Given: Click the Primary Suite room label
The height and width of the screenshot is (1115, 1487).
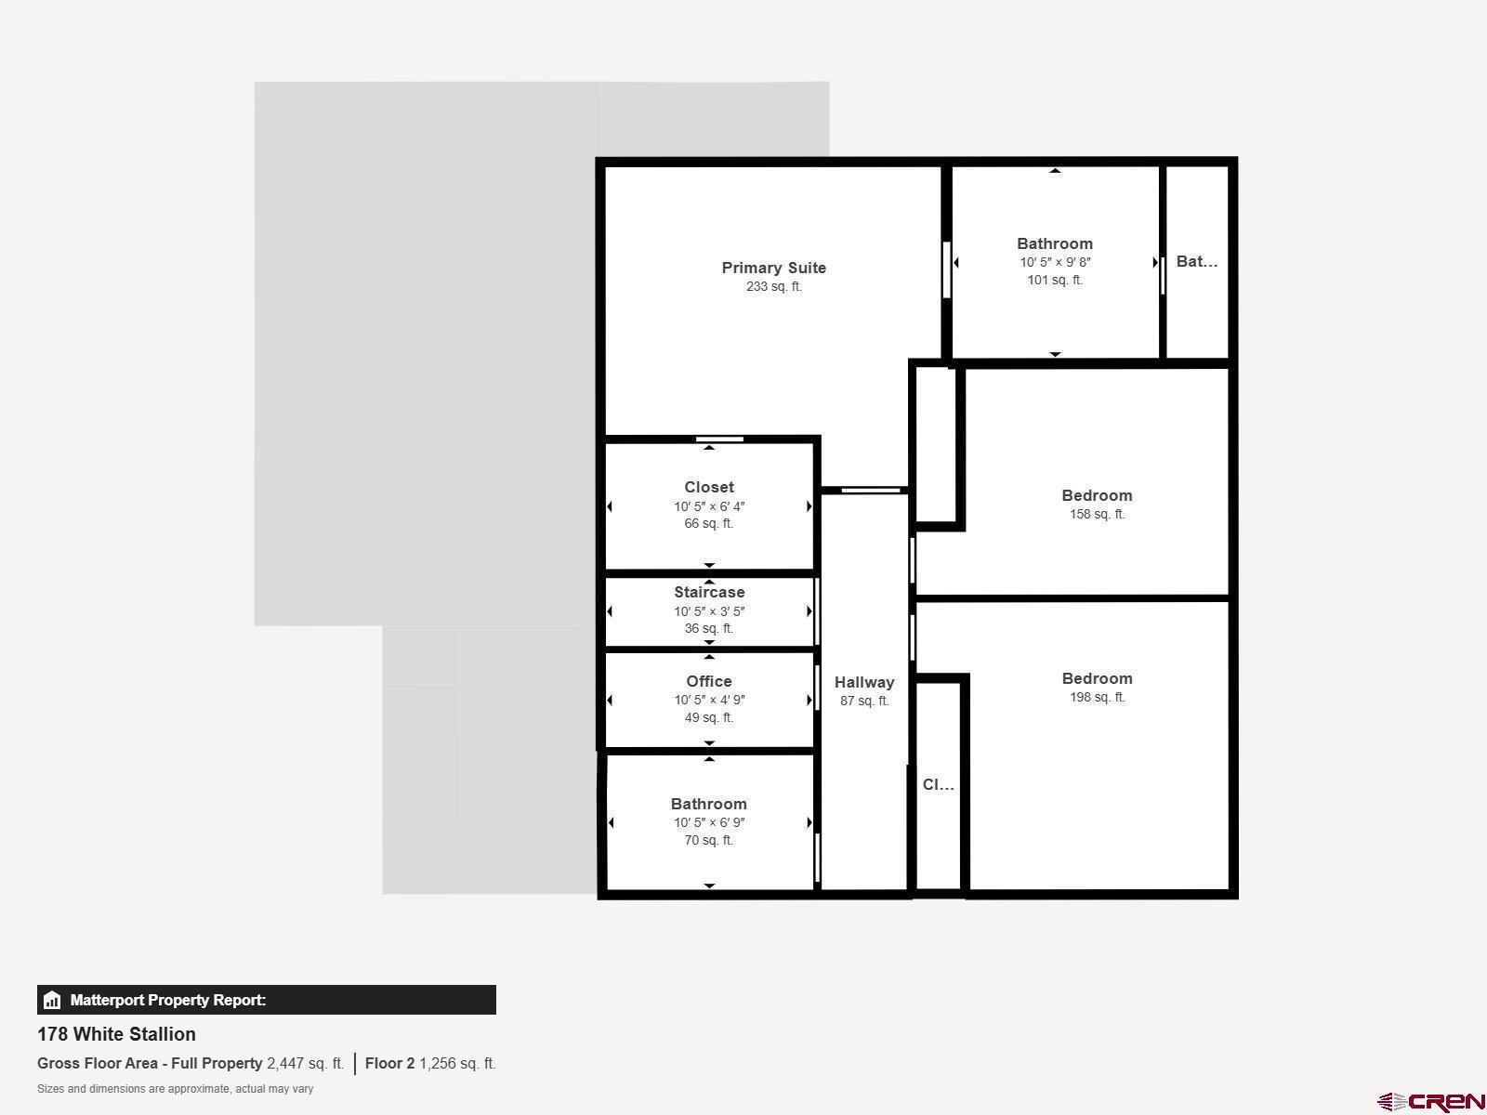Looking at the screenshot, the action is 773,269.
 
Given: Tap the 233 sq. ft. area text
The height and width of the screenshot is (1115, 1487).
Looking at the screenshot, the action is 773,286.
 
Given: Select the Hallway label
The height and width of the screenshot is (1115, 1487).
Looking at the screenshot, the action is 864,682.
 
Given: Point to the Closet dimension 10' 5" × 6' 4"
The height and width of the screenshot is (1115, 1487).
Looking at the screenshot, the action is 709,506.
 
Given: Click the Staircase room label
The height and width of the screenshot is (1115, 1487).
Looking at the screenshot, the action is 709,593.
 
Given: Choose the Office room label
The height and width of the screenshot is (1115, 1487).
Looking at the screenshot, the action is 709,682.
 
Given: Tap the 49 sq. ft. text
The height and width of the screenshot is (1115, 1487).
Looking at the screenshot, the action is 709,717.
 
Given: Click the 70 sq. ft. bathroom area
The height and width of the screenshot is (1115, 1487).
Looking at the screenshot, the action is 709,840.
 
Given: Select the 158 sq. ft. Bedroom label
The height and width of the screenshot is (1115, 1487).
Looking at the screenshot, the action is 1098,495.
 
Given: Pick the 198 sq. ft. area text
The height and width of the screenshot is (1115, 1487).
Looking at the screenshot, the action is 1098,697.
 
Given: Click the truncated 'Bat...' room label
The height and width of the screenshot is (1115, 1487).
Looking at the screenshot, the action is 1197,261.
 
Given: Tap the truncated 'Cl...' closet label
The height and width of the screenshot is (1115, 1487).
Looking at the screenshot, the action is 939,784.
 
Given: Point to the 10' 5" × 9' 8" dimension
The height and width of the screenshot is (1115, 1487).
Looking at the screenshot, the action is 1056,262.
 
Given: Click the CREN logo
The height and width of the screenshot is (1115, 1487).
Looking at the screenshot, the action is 1430,1102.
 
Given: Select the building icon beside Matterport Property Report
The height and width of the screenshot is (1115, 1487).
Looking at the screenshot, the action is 52,1000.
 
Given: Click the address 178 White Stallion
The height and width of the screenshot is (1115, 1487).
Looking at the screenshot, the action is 116,1034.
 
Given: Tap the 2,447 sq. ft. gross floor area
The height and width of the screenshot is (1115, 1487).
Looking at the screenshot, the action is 306,1064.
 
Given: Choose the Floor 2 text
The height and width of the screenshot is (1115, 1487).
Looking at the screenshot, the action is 389,1064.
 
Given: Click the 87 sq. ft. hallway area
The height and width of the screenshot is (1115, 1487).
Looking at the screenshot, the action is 864,701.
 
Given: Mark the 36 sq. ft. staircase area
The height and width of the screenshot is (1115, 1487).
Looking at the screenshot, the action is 709,628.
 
